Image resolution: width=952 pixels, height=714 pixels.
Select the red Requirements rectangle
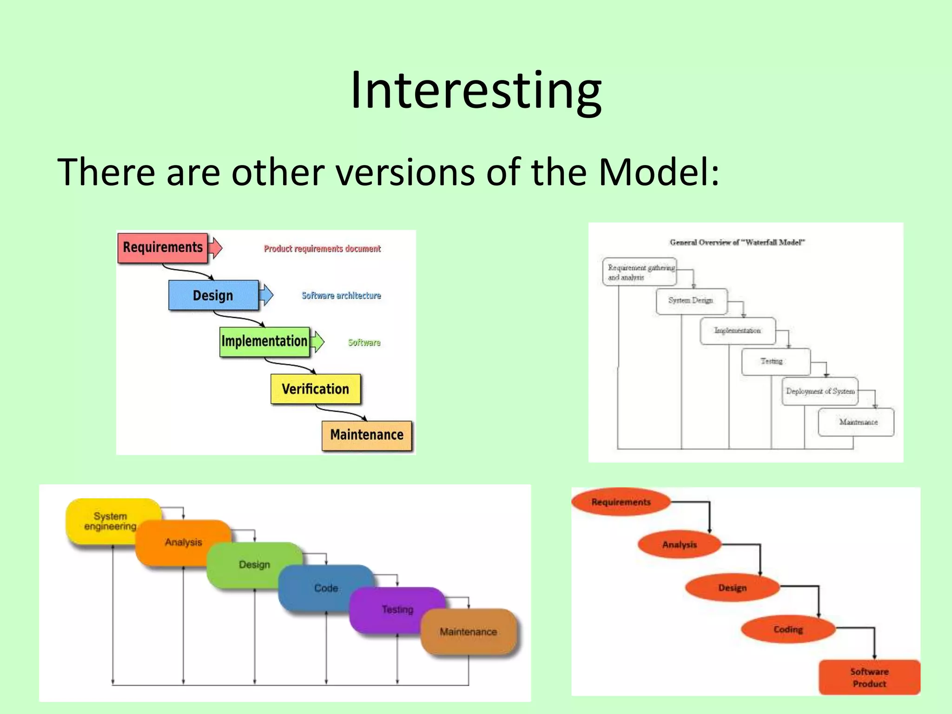coord(162,248)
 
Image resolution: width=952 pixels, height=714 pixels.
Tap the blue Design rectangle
coord(213,295)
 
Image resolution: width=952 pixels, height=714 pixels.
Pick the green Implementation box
coord(264,341)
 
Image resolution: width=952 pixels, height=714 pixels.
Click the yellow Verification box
coord(315,389)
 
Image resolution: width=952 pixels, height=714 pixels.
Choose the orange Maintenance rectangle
coord(366,435)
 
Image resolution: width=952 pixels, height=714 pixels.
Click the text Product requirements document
coord(322,249)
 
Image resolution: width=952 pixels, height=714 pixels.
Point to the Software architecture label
coord(341,296)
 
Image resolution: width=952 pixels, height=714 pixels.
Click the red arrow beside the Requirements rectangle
coord(215,247)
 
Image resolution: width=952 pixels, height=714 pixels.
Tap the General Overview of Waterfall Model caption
coord(737,242)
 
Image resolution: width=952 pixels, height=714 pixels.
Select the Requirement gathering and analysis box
coord(640,272)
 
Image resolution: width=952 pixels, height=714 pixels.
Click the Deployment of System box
coord(820,391)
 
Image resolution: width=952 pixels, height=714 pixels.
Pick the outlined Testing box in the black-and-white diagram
coord(775,362)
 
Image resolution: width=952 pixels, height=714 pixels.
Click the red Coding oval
coord(788,629)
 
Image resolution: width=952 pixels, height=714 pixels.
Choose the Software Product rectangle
coord(869,677)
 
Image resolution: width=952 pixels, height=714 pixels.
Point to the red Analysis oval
coord(679,544)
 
